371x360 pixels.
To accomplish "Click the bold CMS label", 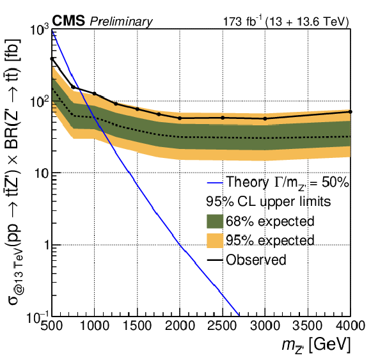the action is click(68, 20).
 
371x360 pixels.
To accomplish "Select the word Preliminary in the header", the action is click(121, 22).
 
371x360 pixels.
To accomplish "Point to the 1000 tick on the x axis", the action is click(95, 325).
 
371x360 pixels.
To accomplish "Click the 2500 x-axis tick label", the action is click(222, 325).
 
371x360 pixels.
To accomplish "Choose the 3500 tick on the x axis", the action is click(308, 325).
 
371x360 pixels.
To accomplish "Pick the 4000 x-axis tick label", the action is click(350, 325).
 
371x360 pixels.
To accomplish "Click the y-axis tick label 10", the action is click(42, 173).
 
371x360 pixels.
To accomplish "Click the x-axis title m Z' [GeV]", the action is click(316, 345).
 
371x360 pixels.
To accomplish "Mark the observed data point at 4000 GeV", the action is click(350, 112).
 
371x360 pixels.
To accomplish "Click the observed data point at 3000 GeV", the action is click(265, 118).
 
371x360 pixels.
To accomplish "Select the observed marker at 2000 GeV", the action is click(180, 118).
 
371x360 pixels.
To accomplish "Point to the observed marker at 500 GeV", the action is click(52, 59).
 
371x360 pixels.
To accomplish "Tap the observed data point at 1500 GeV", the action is click(138, 109).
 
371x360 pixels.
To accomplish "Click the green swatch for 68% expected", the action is click(215, 221).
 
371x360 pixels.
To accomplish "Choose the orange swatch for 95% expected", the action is click(215, 240).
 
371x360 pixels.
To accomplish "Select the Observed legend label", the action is click(256, 260).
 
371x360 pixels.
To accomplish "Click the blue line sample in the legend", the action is click(215, 183).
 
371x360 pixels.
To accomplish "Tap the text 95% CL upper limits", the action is click(268, 202).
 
